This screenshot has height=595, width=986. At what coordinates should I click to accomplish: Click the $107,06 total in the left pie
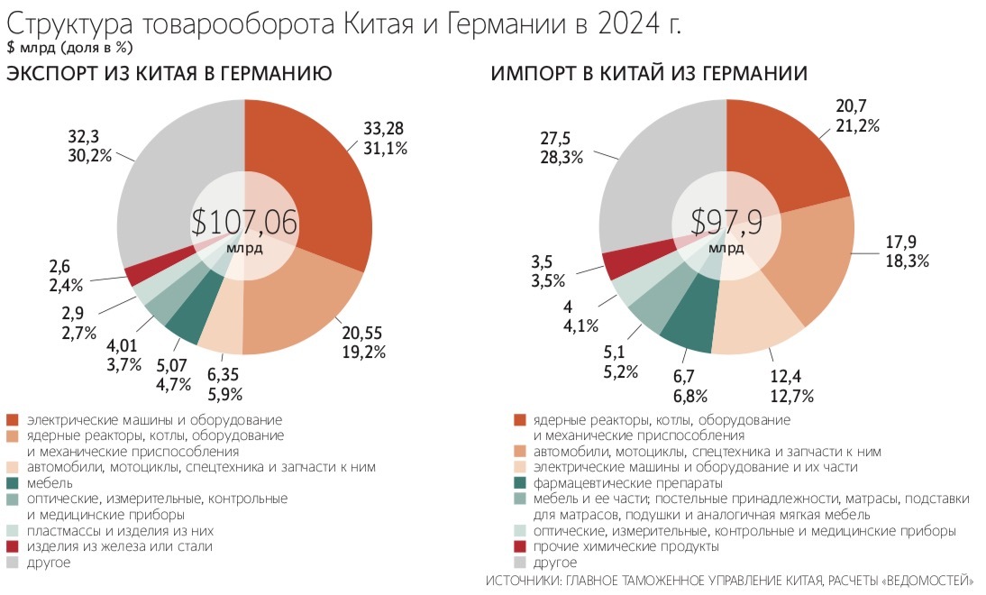[244, 223]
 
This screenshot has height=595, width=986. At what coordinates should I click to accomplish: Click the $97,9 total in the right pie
[726, 223]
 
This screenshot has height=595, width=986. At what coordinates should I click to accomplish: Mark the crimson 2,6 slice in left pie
[135, 276]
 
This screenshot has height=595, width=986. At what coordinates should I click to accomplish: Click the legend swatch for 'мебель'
[13, 483]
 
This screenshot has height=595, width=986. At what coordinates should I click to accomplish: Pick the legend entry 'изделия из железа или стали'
[119, 546]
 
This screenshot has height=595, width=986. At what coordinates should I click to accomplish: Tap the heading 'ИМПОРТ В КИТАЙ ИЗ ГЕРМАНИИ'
[649, 75]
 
